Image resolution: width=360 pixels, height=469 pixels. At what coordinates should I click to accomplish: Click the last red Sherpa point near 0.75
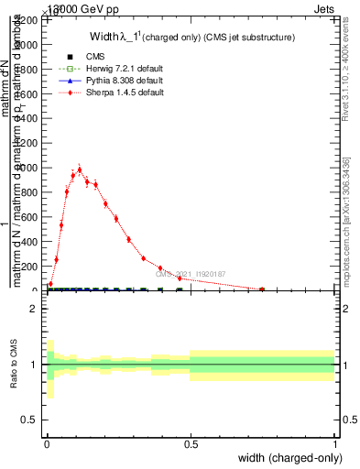click(x=262, y=289)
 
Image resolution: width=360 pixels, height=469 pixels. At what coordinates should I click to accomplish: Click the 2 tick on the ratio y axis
click(x=36, y=309)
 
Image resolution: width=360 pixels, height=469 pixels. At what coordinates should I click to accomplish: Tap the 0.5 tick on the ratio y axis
click(x=33, y=420)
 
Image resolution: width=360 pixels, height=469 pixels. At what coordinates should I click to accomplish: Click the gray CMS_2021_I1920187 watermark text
click(x=190, y=274)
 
